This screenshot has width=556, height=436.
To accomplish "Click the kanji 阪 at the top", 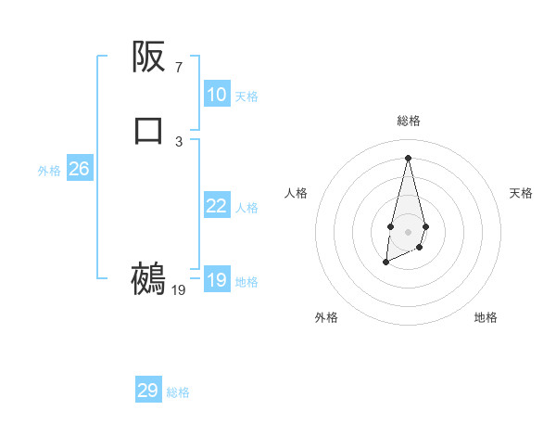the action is click(148, 58).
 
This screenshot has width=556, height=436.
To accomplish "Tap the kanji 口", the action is click(148, 130).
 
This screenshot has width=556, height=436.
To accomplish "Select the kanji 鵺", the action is click(148, 278).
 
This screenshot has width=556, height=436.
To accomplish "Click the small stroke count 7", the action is click(179, 67).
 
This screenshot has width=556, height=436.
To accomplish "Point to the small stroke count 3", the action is click(179, 141).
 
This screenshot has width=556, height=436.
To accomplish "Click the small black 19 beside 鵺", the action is click(179, 290).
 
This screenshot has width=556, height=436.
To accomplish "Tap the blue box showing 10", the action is click(217, 95).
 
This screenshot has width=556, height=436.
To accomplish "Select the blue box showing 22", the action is click(217, 206).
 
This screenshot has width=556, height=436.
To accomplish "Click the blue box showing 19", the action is click(217, 280).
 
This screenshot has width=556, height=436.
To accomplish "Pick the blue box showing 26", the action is click(80, 169).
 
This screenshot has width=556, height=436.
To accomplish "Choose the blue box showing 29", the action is click(148, 391).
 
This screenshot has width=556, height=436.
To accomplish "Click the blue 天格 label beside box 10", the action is click(246, 96).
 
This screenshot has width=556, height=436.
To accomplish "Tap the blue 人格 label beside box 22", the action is click(246, 208).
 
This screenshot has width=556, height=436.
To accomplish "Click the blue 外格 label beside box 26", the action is click(49, 171).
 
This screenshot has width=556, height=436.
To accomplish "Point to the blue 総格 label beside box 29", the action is click(178, 392).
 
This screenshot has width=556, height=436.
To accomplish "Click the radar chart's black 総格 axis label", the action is click(408, 121).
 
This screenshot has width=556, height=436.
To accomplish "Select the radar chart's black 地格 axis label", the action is click(486, 317).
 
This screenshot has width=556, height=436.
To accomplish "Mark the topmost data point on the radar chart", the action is click(408, 157).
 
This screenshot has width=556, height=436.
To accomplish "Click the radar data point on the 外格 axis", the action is click(385, 263).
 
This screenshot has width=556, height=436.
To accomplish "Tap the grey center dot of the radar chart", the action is click(408, 232).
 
